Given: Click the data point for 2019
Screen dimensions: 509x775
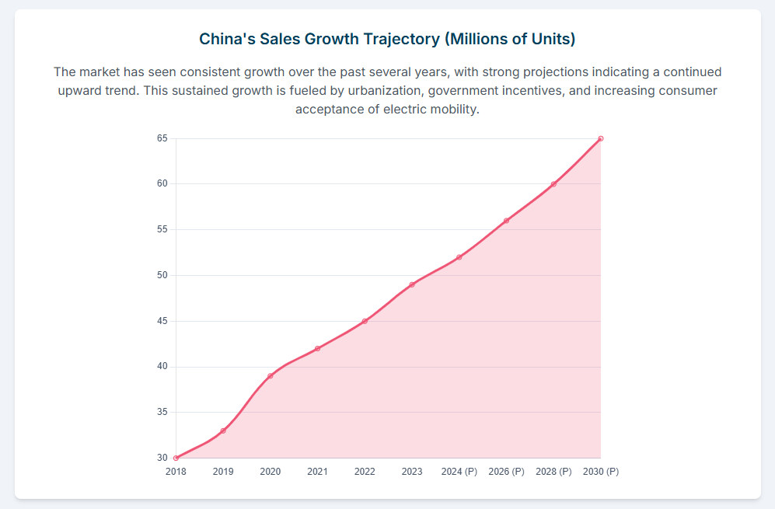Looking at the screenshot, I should click(x=223, y=431).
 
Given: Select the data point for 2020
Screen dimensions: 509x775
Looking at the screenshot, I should click(x=271, y=376).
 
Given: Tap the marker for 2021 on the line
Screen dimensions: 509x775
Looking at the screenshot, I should click(x=318, y=348).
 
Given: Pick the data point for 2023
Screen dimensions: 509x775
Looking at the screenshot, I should click(x=412, y=284).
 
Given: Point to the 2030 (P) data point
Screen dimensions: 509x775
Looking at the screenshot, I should click(x=601, y=138).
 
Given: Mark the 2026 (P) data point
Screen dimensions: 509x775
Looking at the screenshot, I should click(x=507, y=221).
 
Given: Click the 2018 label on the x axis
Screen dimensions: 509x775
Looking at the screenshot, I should click(x=176, y=472).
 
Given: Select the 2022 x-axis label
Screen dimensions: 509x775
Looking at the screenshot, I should click(x=365, y=472).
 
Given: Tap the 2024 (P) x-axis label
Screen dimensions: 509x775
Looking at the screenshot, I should click(x=459, y=472).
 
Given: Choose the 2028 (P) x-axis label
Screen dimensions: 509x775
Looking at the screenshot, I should click(x=553, y=472).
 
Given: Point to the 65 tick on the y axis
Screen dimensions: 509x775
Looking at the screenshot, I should click(x=162, y=138).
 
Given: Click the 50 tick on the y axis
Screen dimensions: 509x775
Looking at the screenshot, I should click(x=162, y=275).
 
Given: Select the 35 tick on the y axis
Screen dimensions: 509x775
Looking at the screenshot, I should click(x=162, y=413).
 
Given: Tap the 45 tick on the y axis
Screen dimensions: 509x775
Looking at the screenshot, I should click(x=162, y=321).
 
